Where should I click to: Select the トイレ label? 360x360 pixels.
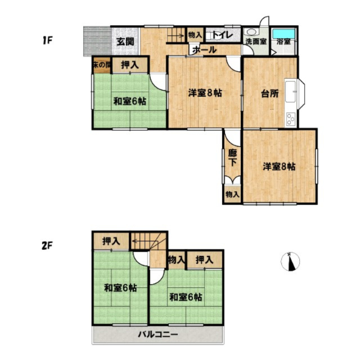coord(219,35)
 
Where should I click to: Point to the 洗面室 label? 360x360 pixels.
coord(255,42)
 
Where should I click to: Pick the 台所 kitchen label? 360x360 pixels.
coord(269,93)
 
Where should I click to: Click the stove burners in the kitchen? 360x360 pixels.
coord(291,119)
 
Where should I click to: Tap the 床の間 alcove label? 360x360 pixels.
coord(102,65)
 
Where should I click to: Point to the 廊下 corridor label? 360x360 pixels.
coord(232,158)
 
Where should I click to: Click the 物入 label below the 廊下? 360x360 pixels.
coord(232,194)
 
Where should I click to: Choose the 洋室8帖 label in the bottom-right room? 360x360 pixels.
coord(280,166)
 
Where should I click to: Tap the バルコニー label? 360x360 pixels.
coord(159,335)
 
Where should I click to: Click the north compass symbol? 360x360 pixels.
coord(290,262)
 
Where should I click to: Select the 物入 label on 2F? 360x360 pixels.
coord(176,259)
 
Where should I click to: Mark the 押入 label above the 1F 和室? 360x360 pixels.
coord(130,65)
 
